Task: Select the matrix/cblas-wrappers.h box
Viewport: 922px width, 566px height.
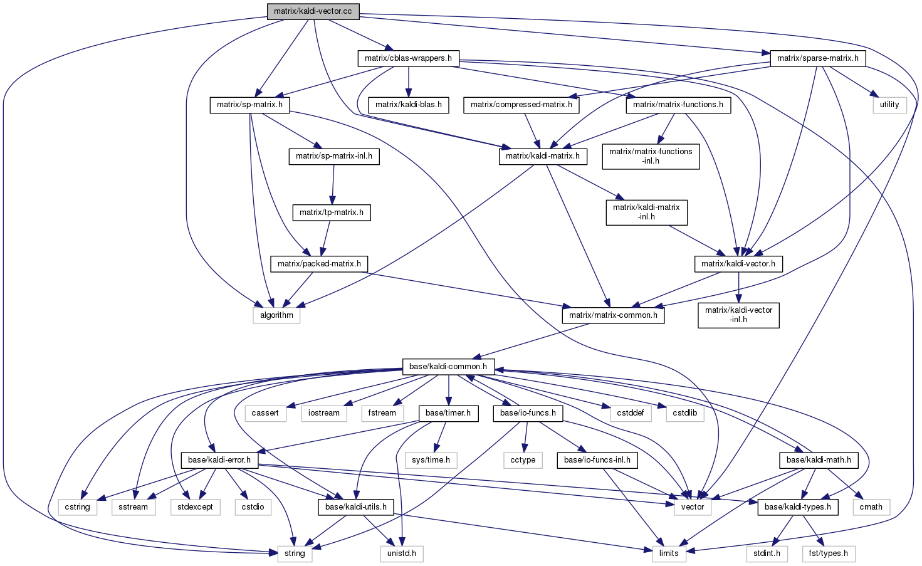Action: pos(408,58)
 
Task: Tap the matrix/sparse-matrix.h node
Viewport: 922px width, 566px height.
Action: pos(817,58)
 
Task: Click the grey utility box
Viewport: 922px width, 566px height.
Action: pos(889,105)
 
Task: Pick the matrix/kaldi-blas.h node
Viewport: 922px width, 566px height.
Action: pos(408,105)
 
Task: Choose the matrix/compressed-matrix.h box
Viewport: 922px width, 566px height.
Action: pos(521,105)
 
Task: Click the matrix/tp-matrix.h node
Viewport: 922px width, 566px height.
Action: pos(331,212)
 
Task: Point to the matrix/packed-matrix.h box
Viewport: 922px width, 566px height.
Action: pos(319,264)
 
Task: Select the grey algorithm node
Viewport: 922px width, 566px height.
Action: pos(276,315)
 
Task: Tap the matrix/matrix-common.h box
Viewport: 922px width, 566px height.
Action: pos(612,315)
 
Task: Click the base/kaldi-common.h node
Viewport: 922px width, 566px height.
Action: pos(448,367)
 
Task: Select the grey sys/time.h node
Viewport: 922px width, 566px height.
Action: pos(431,460)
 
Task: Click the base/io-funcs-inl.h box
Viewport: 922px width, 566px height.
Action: pos(597,460)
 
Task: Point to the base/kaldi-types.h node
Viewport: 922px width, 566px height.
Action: pos(797,507)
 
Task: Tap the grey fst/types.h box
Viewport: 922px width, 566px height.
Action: pos(829,553)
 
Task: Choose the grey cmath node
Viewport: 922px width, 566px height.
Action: pos(871,507)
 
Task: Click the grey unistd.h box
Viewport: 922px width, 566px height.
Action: pos(402,553)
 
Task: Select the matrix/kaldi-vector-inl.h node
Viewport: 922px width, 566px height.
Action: pos(738,315)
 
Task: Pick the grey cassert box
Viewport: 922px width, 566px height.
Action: pos(265,413)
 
